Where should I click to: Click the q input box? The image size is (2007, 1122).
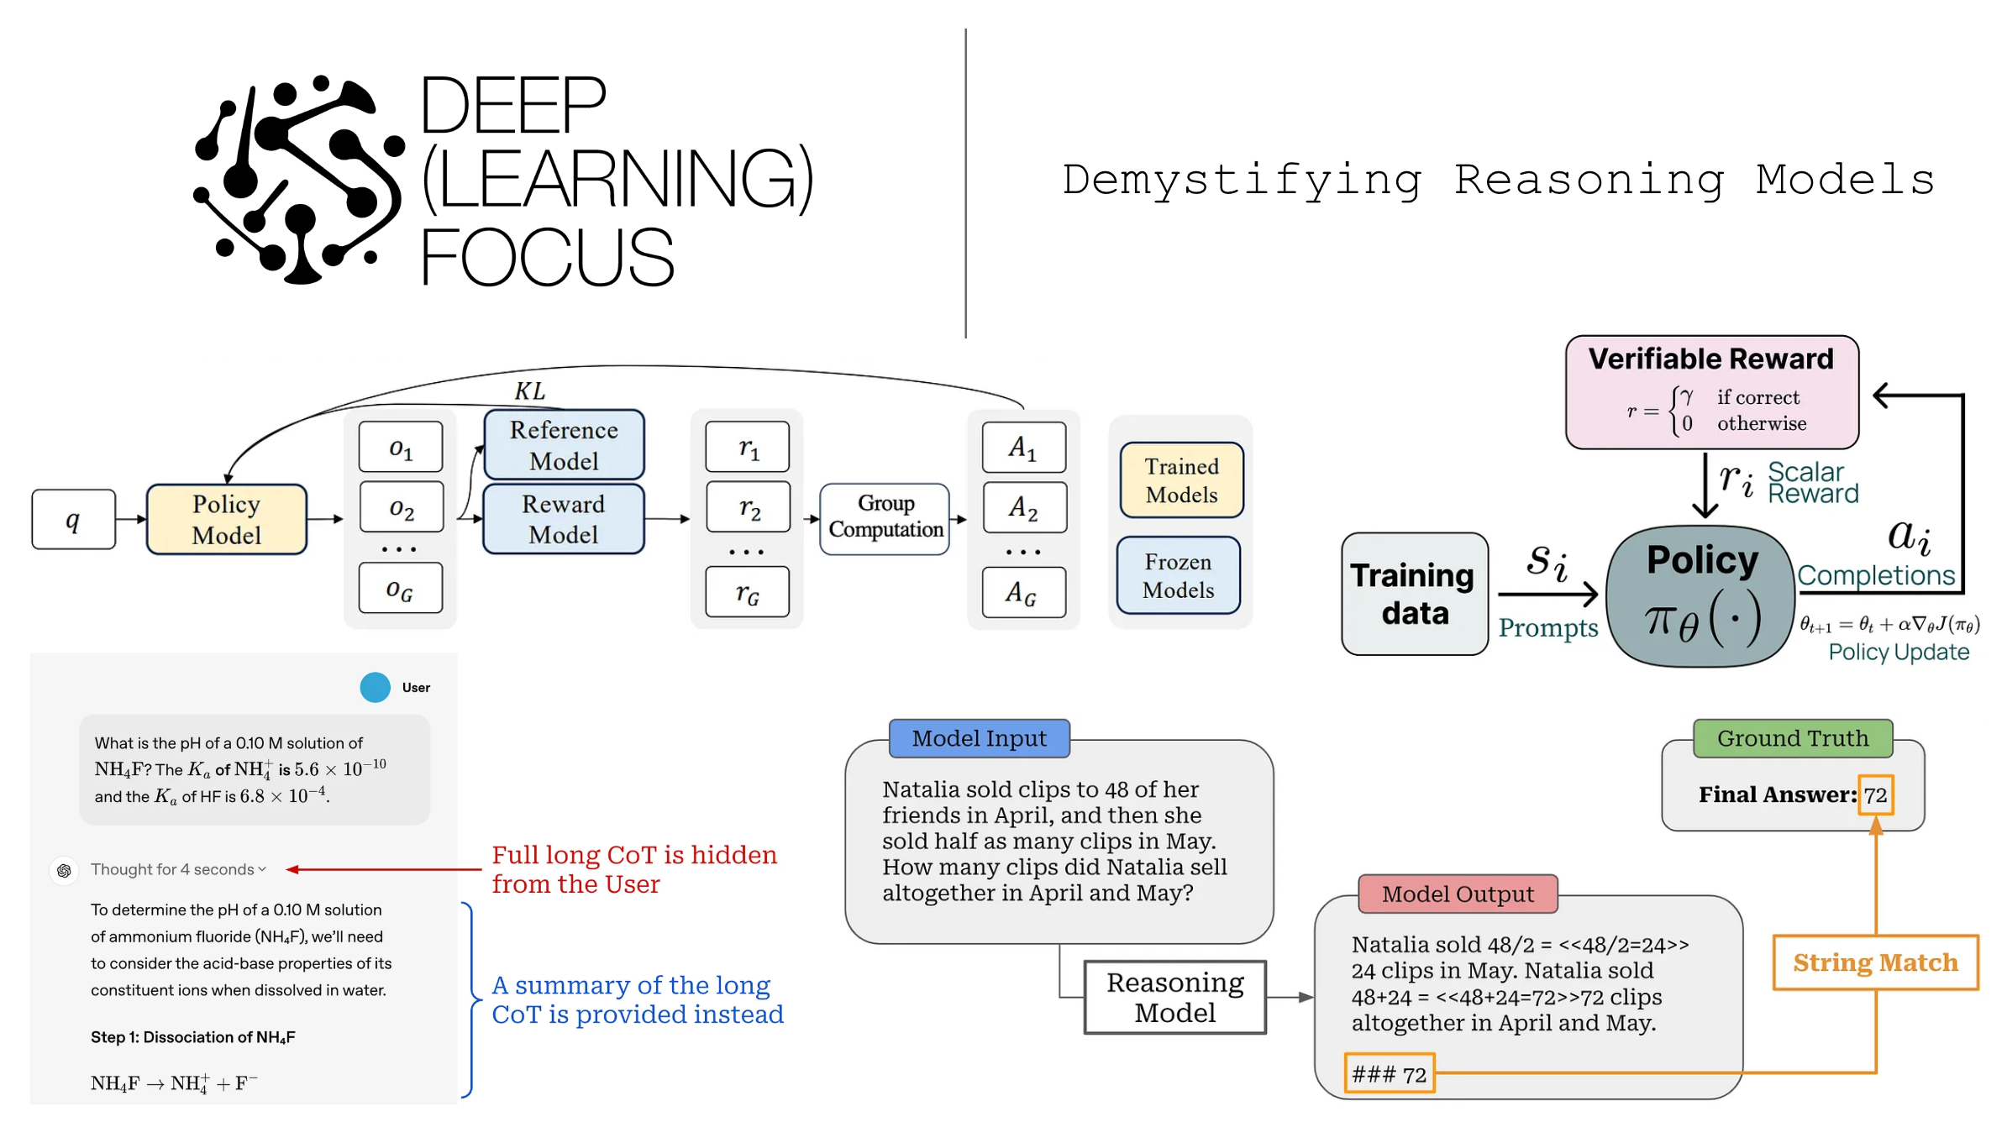point(73,520)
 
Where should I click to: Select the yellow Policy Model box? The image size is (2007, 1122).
point(226,519)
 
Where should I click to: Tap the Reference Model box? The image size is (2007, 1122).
point(564,445)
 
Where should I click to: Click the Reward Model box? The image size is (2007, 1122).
point(564,519)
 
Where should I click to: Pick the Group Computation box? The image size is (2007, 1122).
point(885,517)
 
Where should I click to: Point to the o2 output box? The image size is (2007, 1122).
point(402,507)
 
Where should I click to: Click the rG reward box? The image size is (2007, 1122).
point(747,592)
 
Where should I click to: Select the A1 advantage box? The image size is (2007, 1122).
point(1023,447)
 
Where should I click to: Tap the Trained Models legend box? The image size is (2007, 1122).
point(1181,480)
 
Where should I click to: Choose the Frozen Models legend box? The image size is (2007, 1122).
point(1178,575)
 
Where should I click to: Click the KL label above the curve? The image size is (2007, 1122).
point(529,391)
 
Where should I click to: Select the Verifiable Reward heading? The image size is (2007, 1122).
point(1710,359)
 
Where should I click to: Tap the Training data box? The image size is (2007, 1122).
point(1414,594)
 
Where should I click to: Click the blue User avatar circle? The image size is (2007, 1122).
point(375,687)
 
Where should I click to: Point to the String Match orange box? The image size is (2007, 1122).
point(1875,962)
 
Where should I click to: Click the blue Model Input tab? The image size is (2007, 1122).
point(979,738)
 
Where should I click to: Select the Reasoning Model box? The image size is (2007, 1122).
point(1174,997)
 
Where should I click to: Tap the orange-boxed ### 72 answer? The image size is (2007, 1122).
point(1389,1073)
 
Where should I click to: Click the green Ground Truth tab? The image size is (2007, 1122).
point(1792,738)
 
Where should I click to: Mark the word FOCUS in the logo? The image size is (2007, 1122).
point(546,258)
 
